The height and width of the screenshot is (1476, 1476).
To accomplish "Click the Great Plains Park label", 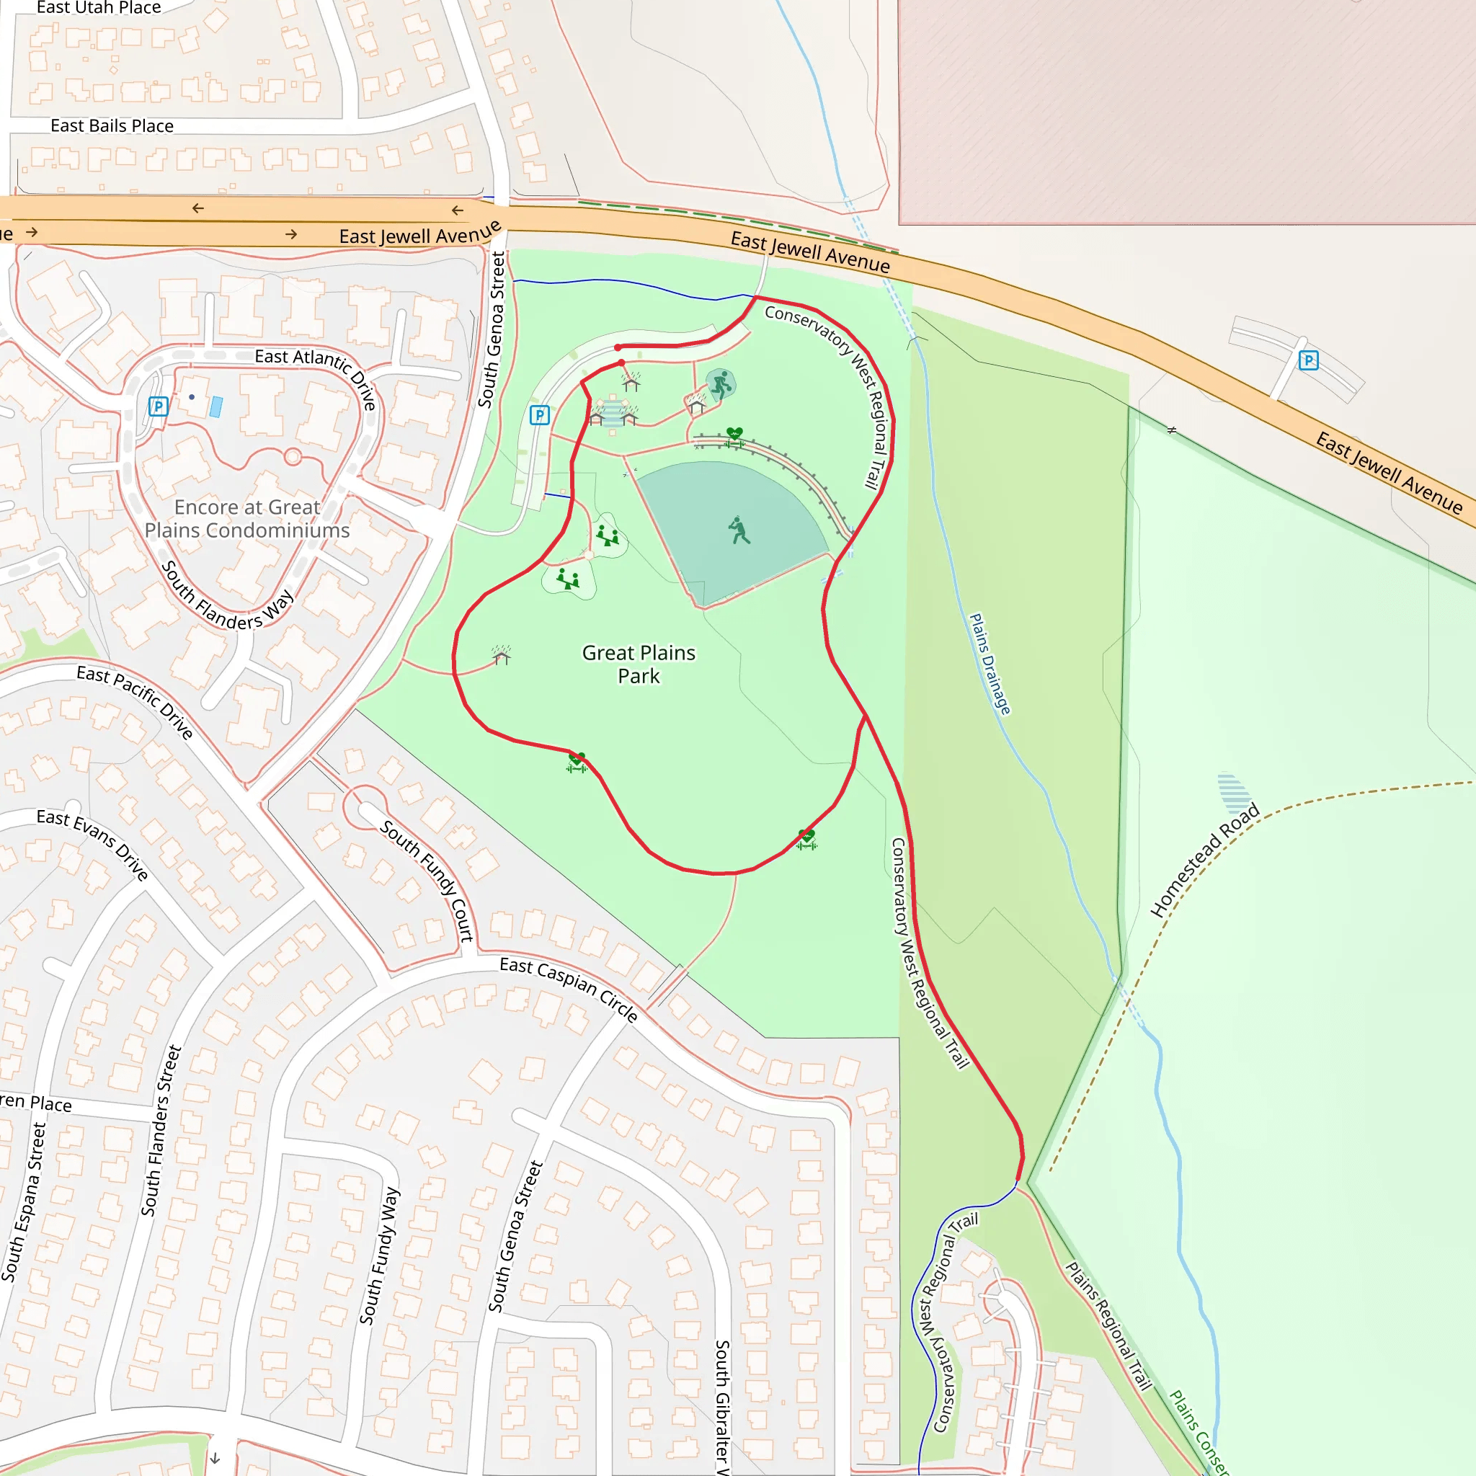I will click(639, 664).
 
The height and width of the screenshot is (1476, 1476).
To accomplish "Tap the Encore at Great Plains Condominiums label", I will click(246, 519).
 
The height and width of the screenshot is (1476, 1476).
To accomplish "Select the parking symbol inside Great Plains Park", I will click(539, 415).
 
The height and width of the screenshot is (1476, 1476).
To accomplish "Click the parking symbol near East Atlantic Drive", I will click(158, 406).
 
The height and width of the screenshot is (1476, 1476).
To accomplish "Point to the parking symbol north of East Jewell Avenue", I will click(1309, 360).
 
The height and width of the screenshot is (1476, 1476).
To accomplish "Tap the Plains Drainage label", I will click(990, 663).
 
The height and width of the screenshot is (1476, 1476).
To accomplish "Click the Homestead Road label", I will click(1204, 860).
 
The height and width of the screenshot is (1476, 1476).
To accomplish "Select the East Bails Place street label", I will click(112, 126).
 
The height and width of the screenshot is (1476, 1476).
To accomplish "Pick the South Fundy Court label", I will click(427, 880).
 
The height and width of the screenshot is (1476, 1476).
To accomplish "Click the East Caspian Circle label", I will click(569, 989).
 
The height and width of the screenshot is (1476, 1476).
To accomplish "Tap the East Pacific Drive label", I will click(135, 701).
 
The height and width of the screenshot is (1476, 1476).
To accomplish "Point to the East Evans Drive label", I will click(92, 843).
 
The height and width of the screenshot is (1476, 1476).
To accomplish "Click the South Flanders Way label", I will click(227, 596).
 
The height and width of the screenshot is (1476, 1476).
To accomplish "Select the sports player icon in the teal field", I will click(738, 530).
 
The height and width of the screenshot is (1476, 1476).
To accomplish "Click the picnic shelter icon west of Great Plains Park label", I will click(501, 656).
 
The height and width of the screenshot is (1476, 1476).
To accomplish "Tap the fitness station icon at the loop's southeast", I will click(806, 839).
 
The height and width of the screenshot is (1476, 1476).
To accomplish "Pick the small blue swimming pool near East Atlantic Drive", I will click(216, 406).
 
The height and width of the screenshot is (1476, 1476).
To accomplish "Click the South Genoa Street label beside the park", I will click(492, 330).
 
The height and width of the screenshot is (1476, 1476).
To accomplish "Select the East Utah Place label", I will click(99, 8).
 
